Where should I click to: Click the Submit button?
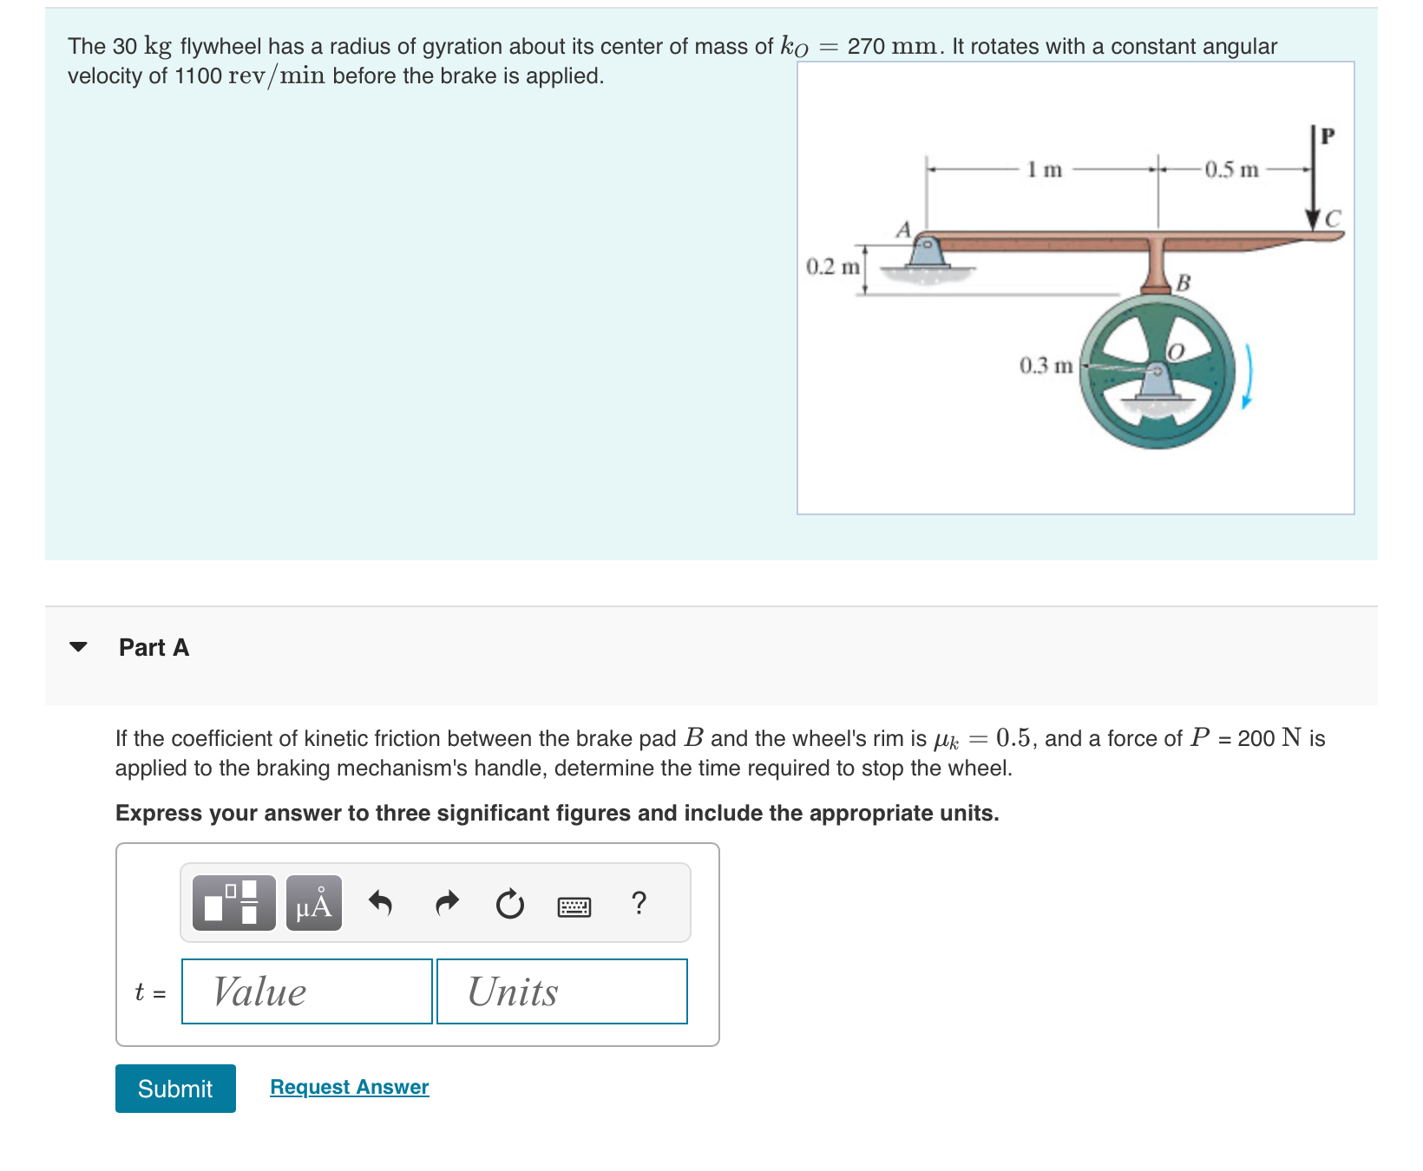pyautogui.click(x=175, y=1088)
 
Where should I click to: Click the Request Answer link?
pyautogui.click(x=349, y=1087)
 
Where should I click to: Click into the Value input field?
pyautogui.click(x=306, y=991)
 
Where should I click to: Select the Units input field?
pyautogui.click(x=561, y=991)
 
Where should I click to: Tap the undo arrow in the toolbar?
pyautogui.click(x=380, y=903)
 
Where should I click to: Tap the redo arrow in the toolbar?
pyautogui.click(x=446, y=903)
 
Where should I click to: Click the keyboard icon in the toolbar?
pyautogui.click(x=574, y=906)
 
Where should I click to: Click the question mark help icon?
pyautogui.click(x=639, y=903)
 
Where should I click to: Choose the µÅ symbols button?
pyautogui.click(x=313, y=903)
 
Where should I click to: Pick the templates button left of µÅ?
pyautogui.click(x=233, y=903)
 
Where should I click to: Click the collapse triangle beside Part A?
pyautogui.click(x=78, y=647)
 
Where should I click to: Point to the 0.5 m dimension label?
pyautogui.click(x=1231, y=169)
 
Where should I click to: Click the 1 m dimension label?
pyautogui.click(x=1044, y=169)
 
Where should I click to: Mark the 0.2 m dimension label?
pyautogui.click(x=832, y=266)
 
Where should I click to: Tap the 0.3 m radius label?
pyautogui.click(x=1046, y=365)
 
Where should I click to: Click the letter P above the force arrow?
pyautogui.click(x=1327, y=136)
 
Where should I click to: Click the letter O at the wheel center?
pyautogui.click(x=1176, y=351)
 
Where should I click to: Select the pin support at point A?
pyautogui.click(x=927, y=252)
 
